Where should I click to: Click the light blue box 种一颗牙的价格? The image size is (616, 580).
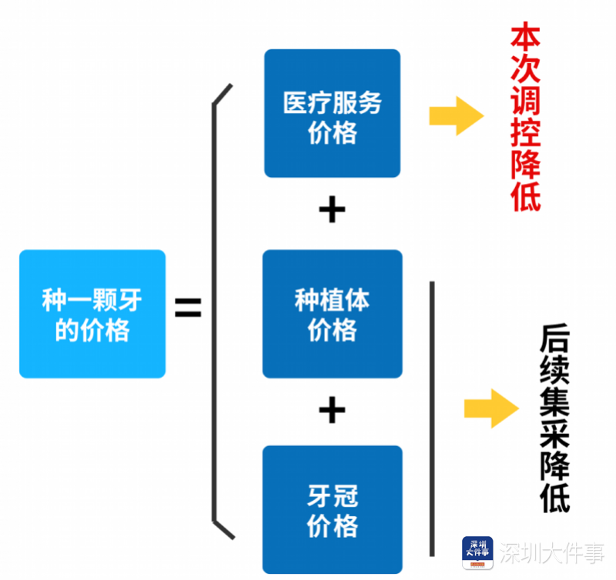[92, 314]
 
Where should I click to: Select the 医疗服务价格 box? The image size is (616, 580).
[332, 114]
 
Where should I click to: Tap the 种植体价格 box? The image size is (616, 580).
[332, 314]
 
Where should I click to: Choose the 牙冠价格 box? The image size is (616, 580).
[332, 509]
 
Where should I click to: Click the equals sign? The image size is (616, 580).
[188, 309]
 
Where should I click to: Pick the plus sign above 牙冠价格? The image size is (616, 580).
[332, 411]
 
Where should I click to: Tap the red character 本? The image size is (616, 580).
[526, 39]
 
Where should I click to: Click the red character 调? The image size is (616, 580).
[526, 99]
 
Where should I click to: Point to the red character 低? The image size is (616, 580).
[526, 194]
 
